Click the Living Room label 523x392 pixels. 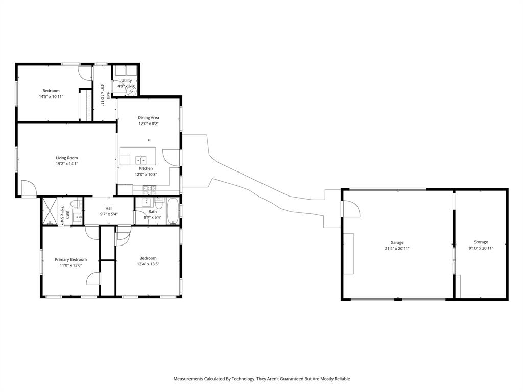point(66,158)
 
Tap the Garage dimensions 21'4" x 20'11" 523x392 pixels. point(397,249)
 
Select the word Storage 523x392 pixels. point(481,242)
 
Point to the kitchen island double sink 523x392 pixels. point(140,159)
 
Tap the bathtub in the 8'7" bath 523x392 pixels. point(173,211)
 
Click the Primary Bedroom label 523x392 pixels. point(70,259)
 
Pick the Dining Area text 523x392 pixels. point(148,118)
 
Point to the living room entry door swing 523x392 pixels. point(29,189)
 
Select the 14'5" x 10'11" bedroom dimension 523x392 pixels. point(51,96)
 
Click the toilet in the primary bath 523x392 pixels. point(76,205)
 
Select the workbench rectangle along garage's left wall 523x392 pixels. point(348,253)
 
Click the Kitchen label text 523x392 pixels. point(146,168)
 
